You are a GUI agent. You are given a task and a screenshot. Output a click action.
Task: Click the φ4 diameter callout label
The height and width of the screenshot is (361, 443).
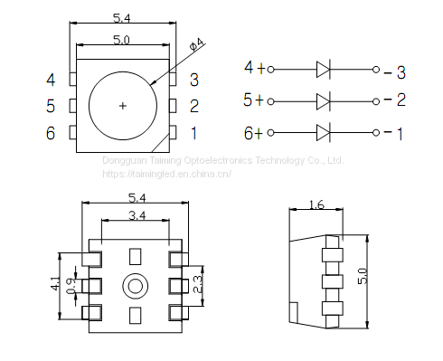tap(197, 43)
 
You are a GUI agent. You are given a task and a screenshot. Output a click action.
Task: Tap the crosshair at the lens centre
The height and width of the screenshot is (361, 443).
tap(123, 106)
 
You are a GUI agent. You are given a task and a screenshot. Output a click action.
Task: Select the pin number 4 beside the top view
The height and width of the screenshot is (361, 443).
tap(51, 80)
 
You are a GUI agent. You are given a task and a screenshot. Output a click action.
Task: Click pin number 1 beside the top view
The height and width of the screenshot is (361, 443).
tap(193, 133)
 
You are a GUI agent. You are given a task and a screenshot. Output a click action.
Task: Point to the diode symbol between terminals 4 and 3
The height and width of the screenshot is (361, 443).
tap(324, 70)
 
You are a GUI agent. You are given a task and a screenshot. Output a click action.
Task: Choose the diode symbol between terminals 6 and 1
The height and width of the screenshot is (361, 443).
tap(324, 133)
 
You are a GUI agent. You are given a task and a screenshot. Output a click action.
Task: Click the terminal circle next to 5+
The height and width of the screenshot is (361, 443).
tap(270, 101)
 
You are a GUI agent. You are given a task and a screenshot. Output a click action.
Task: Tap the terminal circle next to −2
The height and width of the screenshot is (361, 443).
tap(376, 101)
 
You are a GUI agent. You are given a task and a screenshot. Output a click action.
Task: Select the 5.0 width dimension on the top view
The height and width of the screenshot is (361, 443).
tap(121, 40)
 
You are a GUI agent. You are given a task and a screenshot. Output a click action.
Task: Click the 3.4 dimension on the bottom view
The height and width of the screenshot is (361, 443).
tap(137, 215)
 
